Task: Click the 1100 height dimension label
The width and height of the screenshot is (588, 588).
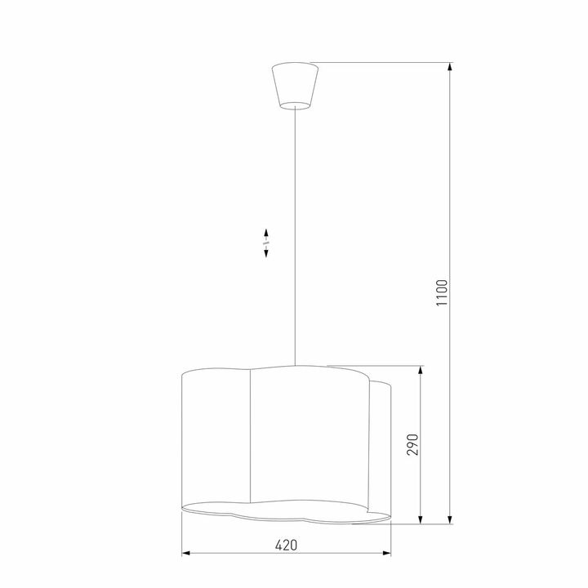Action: pyautogui.click(x=442, y=292)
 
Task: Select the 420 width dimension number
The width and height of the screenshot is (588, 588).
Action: pyautogui.click(x=285, y=545)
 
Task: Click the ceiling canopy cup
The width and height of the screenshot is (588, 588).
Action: pyautogui.click(x=295, y=84)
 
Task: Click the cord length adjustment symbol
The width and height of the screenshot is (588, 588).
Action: pyautogui.click(x=267, y=243)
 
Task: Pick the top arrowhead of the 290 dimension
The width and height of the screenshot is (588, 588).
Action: pyautogui.click(x=421, y=370)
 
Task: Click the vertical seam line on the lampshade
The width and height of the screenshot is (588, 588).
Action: pyautogui.click(x=249, y=433)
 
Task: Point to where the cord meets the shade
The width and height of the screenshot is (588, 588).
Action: pyautogui.click(x=295, y=363)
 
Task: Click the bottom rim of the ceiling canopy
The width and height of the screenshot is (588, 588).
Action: pyautogui.click(x=295, y=106)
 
